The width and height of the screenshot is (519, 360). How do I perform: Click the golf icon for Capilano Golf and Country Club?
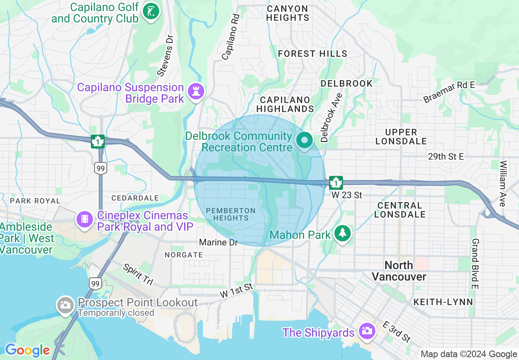tap(151, 12)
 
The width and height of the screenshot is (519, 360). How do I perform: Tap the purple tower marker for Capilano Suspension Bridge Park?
tap(196, 92)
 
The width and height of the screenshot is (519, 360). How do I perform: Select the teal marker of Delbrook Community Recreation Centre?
tap(304, 141)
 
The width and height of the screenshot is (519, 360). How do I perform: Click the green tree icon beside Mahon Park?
tap(342, 234)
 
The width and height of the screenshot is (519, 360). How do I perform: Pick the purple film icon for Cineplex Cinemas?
tap(84, 220)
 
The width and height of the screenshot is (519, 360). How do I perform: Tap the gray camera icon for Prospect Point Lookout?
tap(65, 305)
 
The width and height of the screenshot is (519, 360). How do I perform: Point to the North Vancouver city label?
tap(399, 271)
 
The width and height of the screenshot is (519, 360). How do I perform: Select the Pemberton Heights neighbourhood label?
tap(231, 214)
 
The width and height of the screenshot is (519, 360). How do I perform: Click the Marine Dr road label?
tap(218, 243)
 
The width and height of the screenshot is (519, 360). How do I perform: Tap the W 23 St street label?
tap(347, 195)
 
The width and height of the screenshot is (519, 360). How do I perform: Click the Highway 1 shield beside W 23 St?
tap(336, 182)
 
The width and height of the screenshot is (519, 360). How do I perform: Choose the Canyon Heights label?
tap(288, 13)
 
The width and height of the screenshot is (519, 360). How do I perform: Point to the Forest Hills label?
tap(312, 54)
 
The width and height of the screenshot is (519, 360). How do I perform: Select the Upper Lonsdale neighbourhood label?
tap(401, 137)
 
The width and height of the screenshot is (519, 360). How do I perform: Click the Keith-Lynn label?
tap(443, 302)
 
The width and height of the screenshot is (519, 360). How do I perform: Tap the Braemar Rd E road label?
tap(449, 92)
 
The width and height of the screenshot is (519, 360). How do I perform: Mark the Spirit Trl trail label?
tap(138, 274)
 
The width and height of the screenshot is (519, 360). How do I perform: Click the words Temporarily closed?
tap(116, 313)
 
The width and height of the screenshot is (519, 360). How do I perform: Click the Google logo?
tap(27, 350)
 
